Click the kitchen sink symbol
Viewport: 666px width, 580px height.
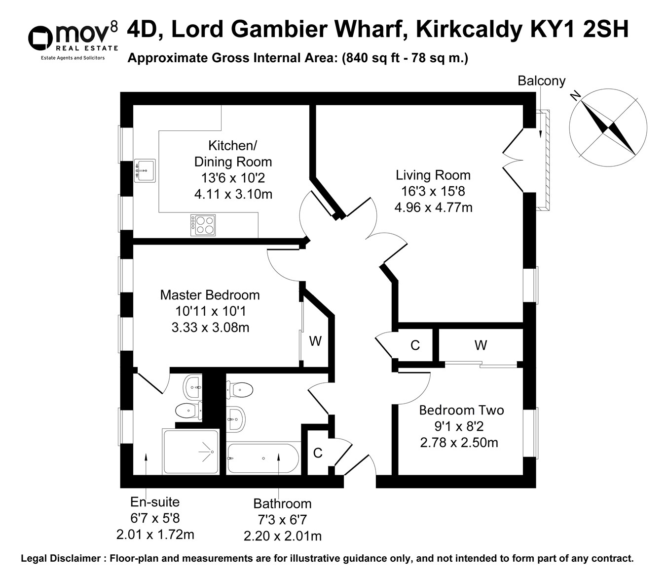145,170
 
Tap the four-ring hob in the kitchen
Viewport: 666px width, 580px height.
203,225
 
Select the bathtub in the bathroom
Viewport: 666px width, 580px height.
263,458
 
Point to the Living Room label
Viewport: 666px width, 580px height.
433,175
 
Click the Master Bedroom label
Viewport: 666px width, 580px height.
210,295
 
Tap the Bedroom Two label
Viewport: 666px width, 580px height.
461,410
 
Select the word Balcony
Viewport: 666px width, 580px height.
541,81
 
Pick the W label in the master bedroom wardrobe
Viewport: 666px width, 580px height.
315,341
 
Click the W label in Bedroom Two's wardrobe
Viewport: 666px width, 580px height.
481,345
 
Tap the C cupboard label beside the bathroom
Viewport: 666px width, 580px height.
318,453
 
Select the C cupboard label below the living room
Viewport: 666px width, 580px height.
415,345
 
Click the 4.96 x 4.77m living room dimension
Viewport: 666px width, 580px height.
433,207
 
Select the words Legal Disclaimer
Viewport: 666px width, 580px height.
60,559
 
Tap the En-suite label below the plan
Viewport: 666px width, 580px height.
155,502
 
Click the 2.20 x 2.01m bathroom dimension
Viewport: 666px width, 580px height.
283,536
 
